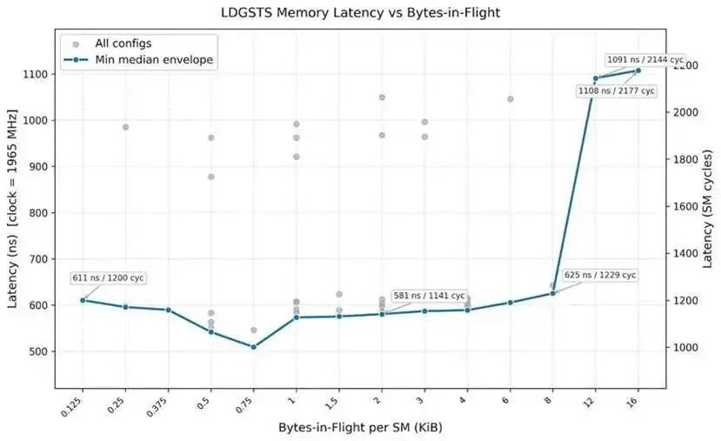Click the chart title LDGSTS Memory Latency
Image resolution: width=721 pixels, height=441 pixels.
click(x=359, y=12)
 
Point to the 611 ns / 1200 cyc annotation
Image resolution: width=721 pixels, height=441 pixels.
click(x=109, y=277)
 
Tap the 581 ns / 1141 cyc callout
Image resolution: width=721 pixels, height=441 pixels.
click(x=429, y=296)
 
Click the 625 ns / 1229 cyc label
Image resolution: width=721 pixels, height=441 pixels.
click(x=600, y=275)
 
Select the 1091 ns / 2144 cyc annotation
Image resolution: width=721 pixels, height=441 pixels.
click(x=645, y=59)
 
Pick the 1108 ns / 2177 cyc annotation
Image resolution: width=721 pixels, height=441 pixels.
click(x=617, y=90)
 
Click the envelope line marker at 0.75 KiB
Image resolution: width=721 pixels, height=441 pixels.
click(x=254, y=347)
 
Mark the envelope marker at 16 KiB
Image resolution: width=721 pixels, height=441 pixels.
click(x=638, y=70)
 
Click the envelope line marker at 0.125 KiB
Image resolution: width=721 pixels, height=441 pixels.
click(x=83, y=300)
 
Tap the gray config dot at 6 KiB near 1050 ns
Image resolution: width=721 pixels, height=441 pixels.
click(x=510, y=99)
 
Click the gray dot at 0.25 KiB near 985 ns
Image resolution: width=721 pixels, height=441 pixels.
click(x=125, y=127)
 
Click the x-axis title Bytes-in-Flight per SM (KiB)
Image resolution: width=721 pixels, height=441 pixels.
click(x=359, y=428)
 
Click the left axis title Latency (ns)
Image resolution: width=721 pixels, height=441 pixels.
click(x=12, y=209)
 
